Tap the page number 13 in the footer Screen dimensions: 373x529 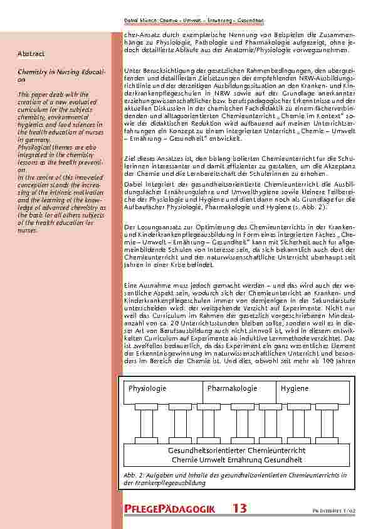pos(238,508)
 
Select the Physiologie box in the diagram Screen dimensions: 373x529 pos(147,388)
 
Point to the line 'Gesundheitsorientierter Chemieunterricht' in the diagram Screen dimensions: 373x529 pos(237,450)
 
